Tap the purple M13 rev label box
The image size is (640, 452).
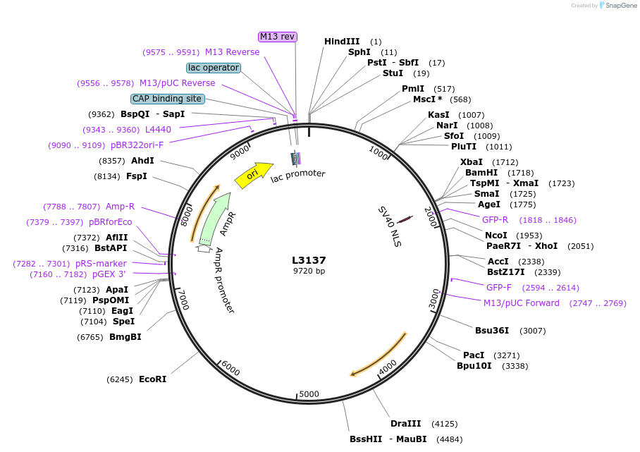coord(277,37)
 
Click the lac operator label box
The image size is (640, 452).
coord(214,68)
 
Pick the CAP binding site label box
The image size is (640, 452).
coord(167,99)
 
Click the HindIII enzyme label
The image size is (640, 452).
coord(342,42)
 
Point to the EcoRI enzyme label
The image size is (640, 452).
coord(152,379)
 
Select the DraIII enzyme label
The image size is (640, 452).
coord(405,424)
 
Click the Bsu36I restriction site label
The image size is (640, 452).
coord(491,330)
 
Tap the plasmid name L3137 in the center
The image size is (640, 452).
coord(309,260)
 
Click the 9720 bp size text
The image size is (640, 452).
coord(309,271)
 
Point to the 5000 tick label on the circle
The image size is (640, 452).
coord(309,393)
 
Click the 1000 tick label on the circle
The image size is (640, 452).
coord(379,152)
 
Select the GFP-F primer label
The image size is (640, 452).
coord(499,287)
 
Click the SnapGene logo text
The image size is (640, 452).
coord(618,6)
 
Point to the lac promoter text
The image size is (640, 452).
coord(298,175)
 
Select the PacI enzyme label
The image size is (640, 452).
coord(473,355)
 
